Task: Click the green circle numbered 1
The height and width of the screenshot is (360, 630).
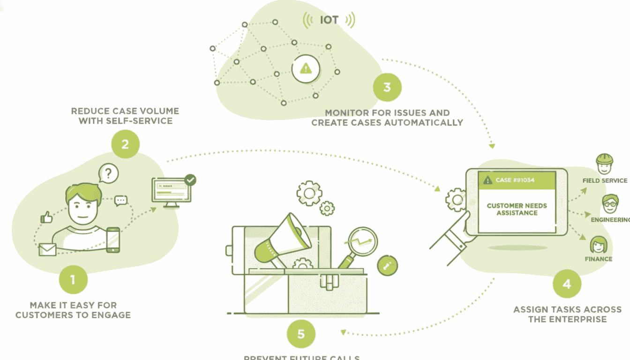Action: click(x=73, y=280)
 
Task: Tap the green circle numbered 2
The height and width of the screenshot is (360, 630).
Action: click(x=125, y=143)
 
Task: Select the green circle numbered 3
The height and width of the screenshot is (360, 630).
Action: click(x=387, y=87)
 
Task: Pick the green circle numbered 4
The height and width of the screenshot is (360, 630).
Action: click(x=567, y=284)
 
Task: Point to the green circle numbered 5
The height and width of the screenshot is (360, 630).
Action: click(x=301, y=334)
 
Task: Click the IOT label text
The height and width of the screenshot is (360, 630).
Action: click(x=329, y=20)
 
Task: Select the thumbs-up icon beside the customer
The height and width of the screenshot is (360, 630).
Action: click(x=46, y=217)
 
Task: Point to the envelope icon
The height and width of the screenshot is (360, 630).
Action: click(x=47, y=249)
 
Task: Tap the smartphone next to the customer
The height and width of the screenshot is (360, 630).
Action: click(x=113, y=240)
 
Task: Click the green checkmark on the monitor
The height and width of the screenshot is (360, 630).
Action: click(x=190, y=180)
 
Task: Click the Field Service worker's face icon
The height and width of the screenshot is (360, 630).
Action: click(x=604, y=164)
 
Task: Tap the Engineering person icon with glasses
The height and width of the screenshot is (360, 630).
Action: click(x=610, y=203)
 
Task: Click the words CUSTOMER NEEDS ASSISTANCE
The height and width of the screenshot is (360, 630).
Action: click(x=517, y=209)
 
